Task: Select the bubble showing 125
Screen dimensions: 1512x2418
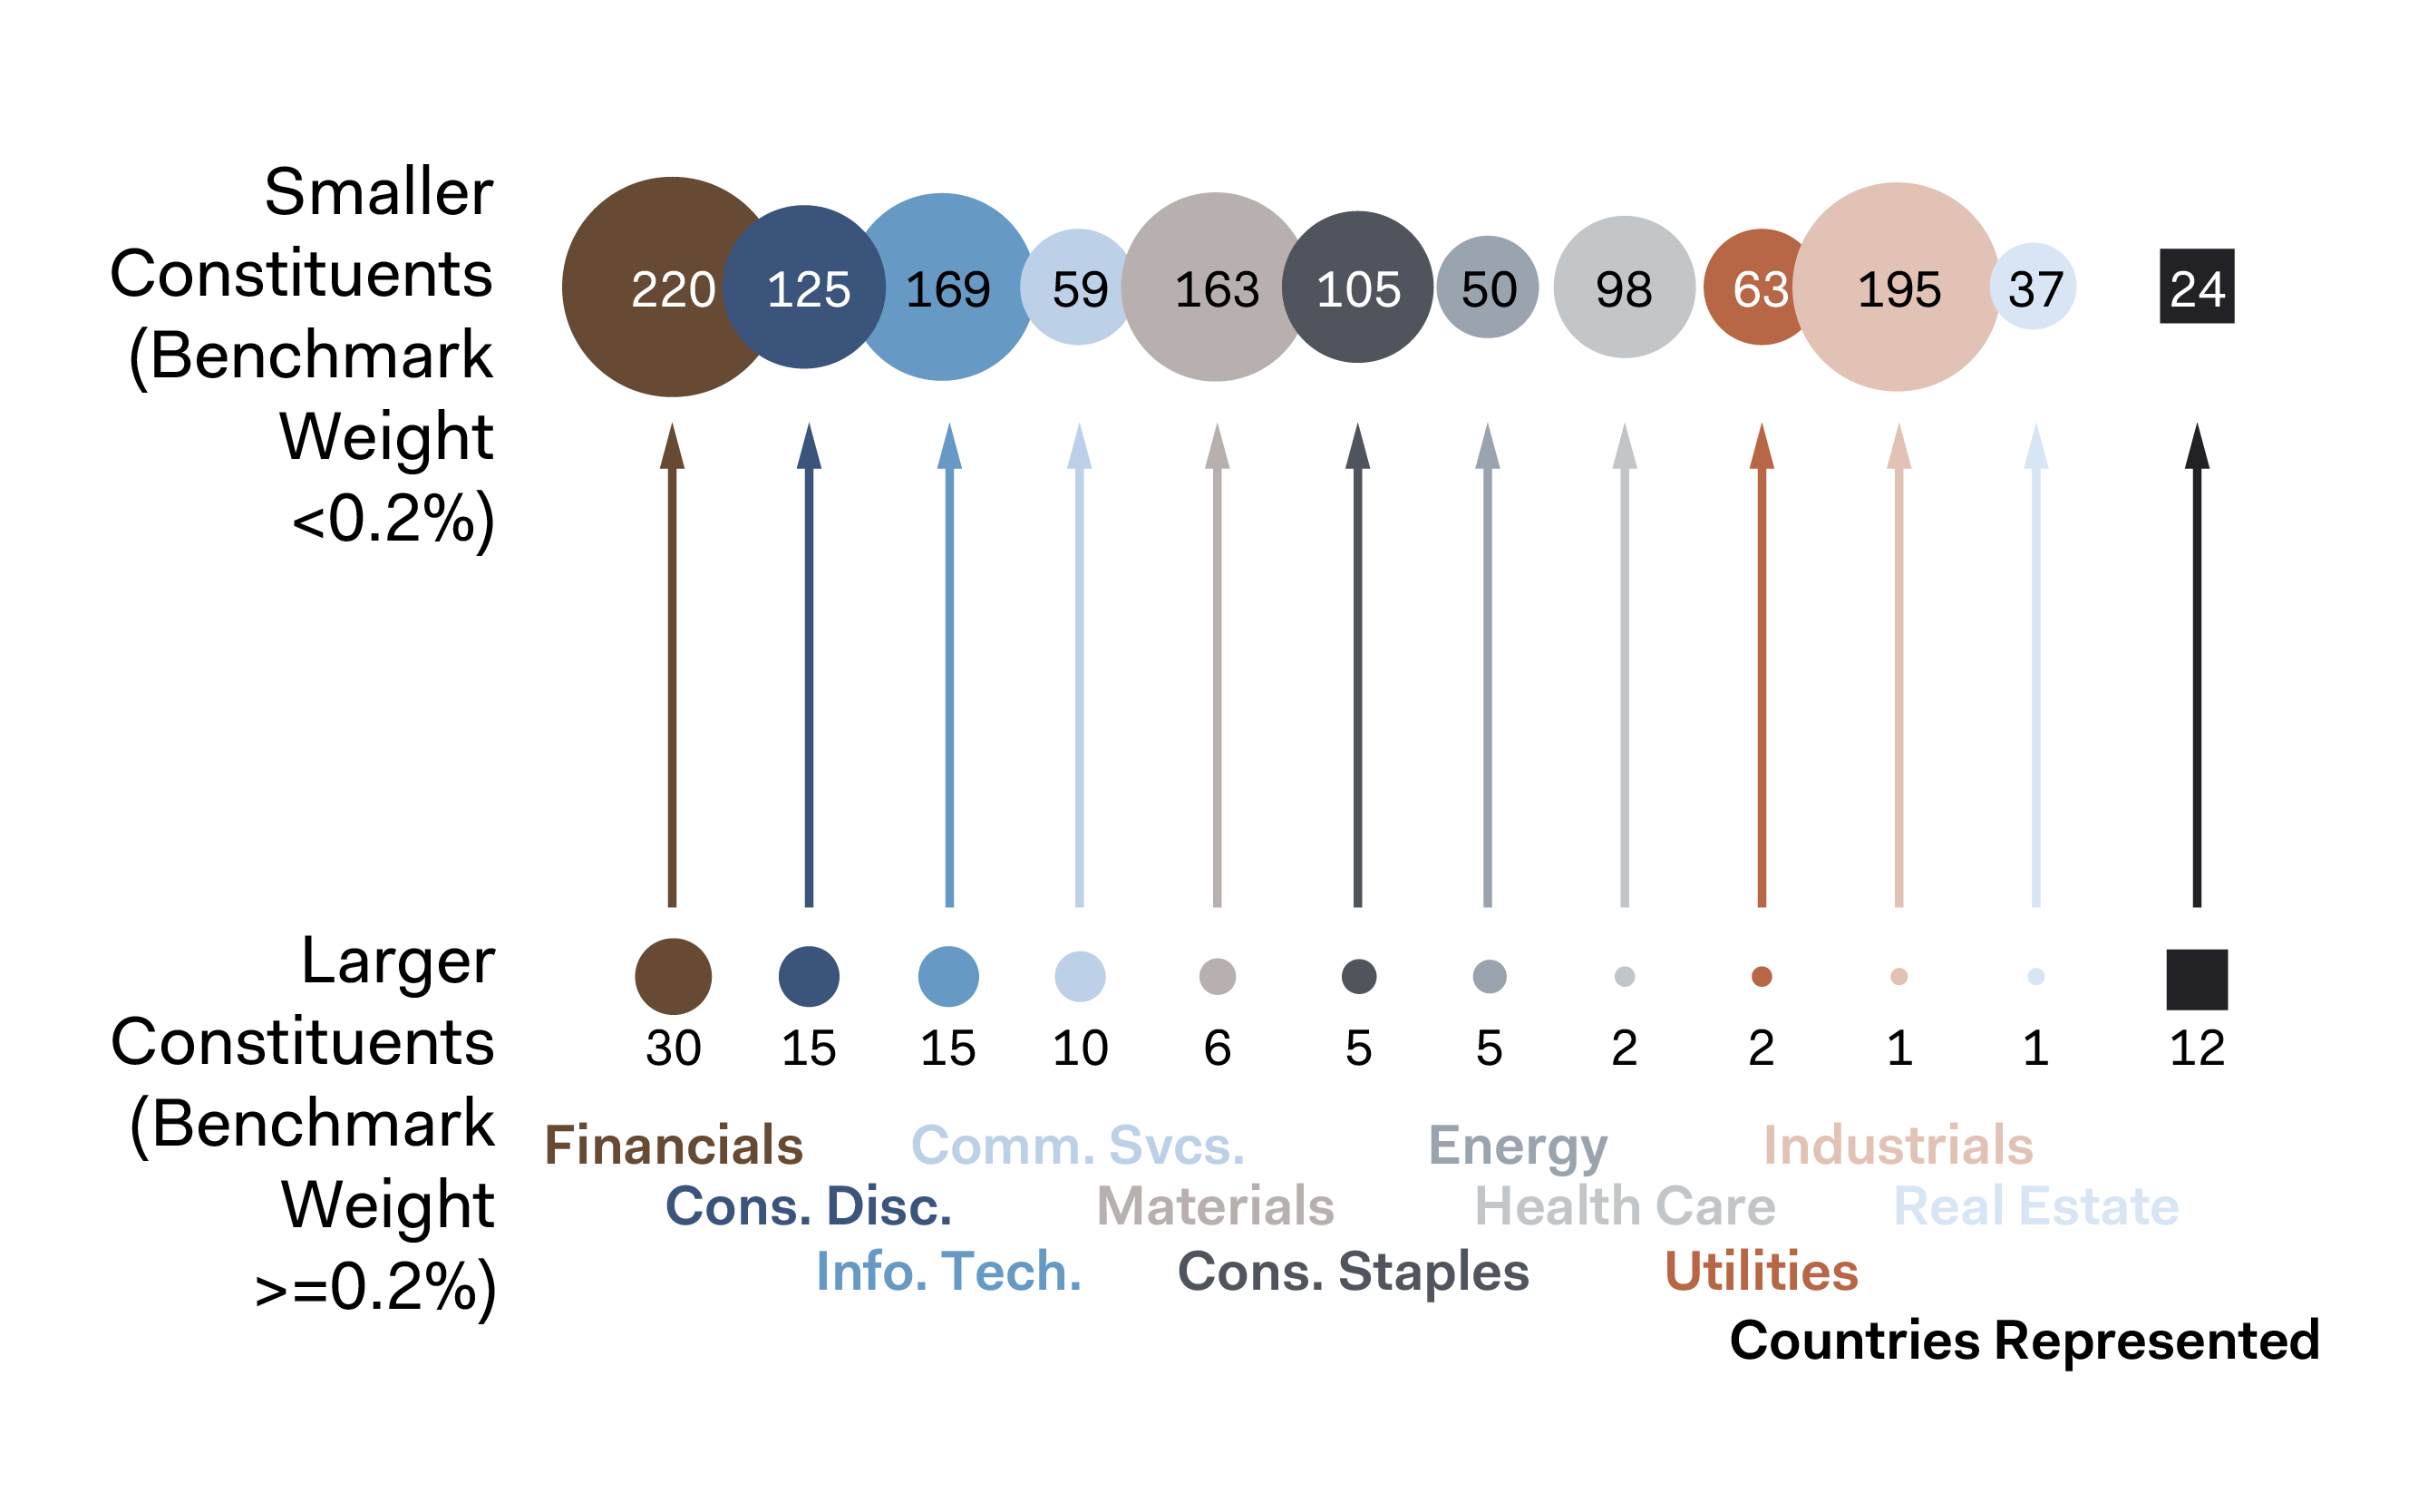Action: [806, 288]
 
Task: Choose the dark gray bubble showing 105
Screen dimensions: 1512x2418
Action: [1356, 288]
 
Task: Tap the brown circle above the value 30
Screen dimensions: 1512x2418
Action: [673, 976]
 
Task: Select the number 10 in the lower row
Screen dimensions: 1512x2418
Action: [1079, 1048]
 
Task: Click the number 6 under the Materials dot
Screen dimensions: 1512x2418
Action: [1216, 1048]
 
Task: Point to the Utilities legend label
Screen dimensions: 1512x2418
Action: [1761, 1271]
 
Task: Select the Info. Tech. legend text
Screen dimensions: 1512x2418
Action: [947, 1271]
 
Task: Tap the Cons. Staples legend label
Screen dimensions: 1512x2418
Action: [1353, 1271]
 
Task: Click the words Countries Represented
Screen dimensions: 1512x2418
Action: [2024, 1339]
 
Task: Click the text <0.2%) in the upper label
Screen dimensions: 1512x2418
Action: [392, 520]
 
